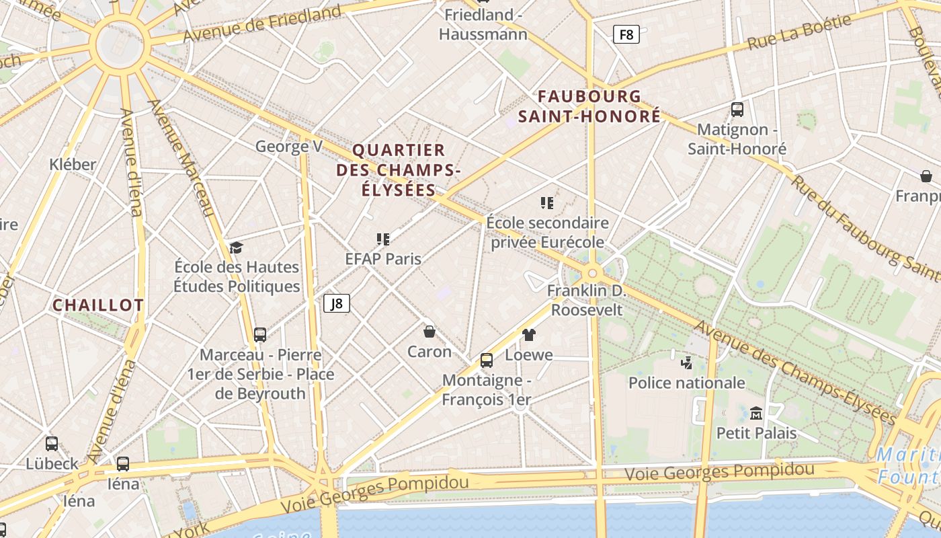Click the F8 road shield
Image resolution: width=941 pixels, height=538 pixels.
626,34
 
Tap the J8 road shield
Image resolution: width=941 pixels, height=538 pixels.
337,303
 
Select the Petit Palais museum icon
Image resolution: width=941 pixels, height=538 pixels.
756,413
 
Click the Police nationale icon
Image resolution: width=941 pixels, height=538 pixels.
686,363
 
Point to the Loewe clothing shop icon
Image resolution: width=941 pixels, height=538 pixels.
529,335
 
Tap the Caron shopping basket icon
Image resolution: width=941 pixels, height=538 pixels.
429,332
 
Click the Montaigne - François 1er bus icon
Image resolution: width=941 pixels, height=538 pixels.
487,360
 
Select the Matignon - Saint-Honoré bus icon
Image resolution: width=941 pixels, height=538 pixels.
737,110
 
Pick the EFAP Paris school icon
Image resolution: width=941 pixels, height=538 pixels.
383,239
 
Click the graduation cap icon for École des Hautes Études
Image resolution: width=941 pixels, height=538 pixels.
236,248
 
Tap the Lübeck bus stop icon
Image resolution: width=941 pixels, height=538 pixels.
52,444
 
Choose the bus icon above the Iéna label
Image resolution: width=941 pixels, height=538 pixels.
123,463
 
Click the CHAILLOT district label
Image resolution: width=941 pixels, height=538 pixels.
98,305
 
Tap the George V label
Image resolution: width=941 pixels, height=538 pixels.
289,147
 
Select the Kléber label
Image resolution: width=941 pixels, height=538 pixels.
73,164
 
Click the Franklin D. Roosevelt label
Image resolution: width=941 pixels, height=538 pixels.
586,301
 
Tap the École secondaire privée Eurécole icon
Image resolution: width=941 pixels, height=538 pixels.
547,202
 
